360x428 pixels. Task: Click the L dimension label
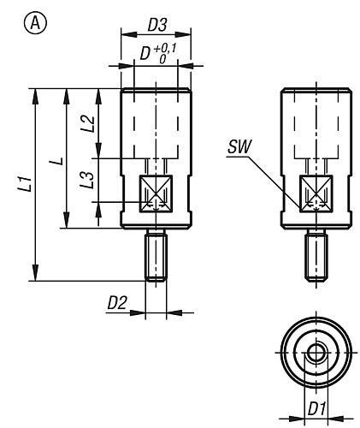tap(53, 159)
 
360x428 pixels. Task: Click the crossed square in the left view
tap(155, 193)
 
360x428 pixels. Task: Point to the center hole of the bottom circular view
tap(316, 354)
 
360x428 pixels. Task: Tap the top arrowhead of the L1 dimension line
tap(36, 93)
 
